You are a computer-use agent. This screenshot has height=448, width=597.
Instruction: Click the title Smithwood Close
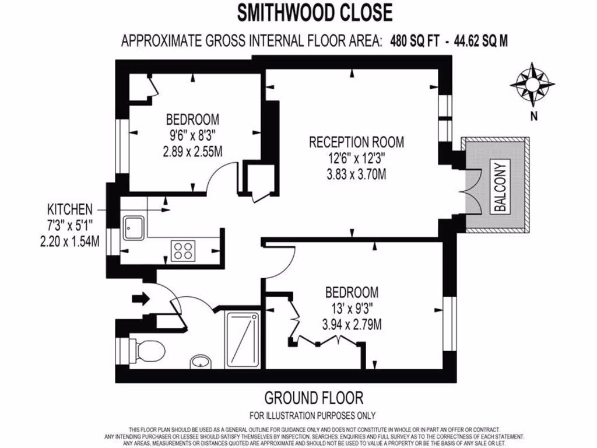(315, 12)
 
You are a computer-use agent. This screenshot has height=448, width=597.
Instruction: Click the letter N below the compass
(533, 116)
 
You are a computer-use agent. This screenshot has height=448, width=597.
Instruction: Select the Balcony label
(501, 186)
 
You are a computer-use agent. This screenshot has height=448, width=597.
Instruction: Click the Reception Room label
(356, 142)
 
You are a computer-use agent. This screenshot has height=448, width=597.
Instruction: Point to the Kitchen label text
(70, 209)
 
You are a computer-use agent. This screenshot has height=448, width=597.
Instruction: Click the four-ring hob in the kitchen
(183, 251)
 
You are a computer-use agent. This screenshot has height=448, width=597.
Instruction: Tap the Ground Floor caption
(314, 398)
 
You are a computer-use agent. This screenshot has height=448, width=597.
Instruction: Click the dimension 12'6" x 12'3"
(356, 158)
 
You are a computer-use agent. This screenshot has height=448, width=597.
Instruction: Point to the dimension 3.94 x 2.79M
(352, 324)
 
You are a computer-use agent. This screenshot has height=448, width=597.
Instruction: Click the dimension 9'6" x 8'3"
(192, 136)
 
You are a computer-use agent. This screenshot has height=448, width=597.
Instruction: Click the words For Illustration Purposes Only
(312, 416)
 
